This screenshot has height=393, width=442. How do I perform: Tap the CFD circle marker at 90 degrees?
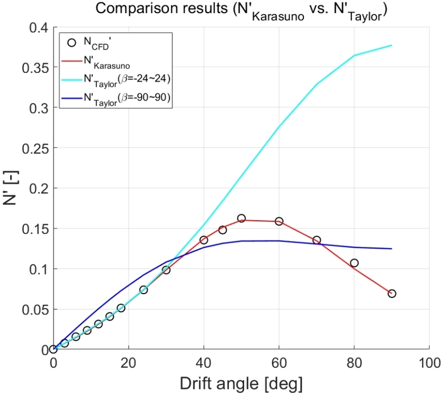392,294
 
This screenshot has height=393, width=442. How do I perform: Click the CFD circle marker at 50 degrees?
241,219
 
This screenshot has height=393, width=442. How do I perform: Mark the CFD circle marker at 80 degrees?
354,263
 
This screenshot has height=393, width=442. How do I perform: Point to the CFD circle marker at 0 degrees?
53,349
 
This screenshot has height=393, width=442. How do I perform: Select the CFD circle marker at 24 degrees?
144,290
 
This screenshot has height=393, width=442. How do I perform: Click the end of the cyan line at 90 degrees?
392,45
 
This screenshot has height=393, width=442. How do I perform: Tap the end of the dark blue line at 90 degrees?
392,249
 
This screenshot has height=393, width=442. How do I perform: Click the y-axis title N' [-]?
12,188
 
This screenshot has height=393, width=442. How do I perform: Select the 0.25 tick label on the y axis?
35,148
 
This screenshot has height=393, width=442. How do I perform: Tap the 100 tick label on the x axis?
429,363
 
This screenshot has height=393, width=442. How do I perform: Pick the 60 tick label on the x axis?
279,363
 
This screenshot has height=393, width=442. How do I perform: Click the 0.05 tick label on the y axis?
35,309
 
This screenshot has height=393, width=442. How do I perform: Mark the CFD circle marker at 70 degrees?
317,240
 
